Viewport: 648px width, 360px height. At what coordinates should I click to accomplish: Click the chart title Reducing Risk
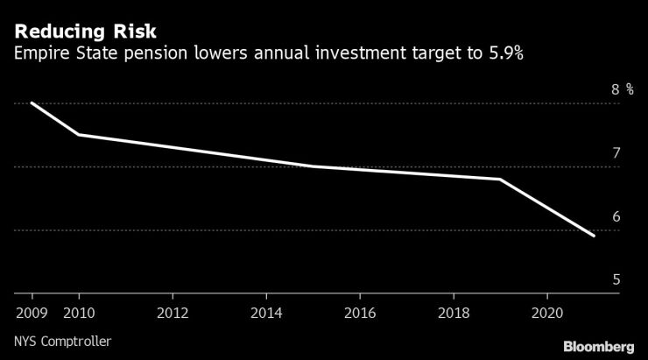click(x=85, y=32)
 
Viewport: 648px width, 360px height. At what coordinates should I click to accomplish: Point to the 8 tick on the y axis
click(x=616, y=89)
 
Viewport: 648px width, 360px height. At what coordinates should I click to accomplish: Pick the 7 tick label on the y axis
click(x=616, y=153)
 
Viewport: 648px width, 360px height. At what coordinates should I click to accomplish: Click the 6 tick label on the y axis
click(x=616, y=216)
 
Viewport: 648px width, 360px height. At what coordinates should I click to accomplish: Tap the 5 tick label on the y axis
click(x=616, y=280)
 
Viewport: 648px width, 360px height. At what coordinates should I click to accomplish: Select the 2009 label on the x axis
click(x=32, y=312)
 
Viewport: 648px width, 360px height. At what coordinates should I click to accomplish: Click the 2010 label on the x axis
click(x=79, y=312)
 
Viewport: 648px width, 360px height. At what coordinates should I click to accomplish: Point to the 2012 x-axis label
click(x=173, y=312)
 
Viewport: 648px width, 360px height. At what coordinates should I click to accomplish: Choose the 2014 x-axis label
click(x=266, y=312)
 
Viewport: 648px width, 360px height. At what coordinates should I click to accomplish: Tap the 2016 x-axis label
click(x=360, y=312)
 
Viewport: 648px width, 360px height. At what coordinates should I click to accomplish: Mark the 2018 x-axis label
click(x=454, y=312)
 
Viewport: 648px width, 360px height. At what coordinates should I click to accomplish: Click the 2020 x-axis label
click(x=547, y=312)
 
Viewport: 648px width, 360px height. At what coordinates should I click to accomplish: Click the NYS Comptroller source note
click(x=63, y=341)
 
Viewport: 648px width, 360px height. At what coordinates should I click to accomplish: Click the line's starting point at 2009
click(x=32, y=102)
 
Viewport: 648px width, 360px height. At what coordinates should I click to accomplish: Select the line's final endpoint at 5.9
click(x=595, y=236)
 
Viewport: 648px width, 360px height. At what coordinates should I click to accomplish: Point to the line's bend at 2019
click(x=500, y=180)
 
